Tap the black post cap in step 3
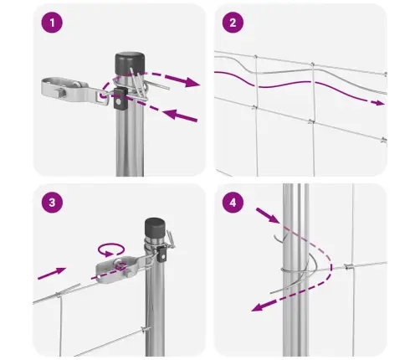click(156, 227)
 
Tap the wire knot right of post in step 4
click(348, 267)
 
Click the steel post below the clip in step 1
click(130, 142)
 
